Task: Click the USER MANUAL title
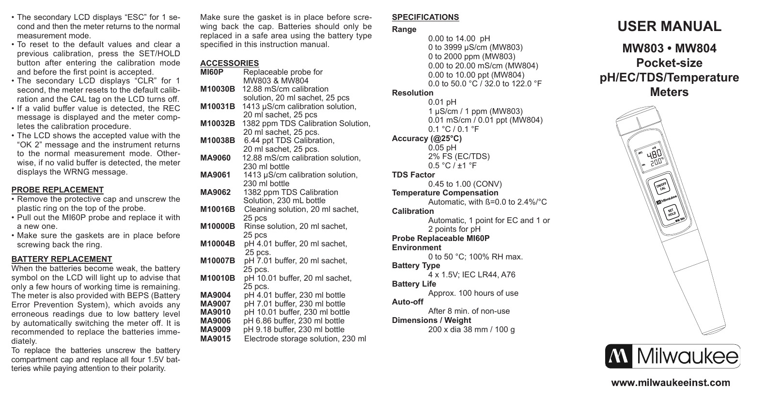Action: click(x=669, y=27)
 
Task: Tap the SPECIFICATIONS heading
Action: click(x=425, y=17)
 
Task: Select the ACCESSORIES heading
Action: click(x=229, y=64)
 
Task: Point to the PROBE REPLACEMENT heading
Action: click(x=57, y=190)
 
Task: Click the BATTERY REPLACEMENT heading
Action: click(x=62, y=259)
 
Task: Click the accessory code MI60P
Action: click(x=212, y=72)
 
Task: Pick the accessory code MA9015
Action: click(x=215, y=338)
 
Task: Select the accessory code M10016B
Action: click(x=218, y=209)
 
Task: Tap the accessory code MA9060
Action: click(x=215, y=158)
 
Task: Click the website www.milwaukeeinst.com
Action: click(x=671, y=383)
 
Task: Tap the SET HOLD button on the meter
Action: click(x=671, y=212)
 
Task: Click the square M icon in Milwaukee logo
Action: click(x=618, y=356)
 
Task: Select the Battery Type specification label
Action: click(x=416, y=266)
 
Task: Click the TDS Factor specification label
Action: click(x=413, y=175)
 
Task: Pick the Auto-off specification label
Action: click(x=407, y=302)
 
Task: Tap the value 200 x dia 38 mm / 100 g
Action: click(x=471, y=330)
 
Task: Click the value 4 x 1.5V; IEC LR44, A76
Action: click(x=471, y=275)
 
